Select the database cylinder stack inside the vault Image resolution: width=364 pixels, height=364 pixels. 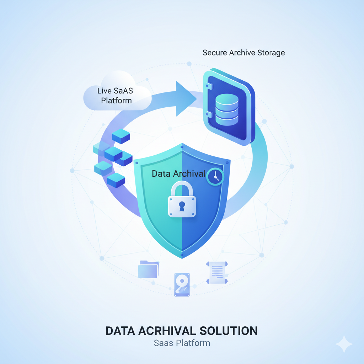[227, 109]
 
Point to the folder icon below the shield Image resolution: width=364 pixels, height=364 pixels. [149, 269]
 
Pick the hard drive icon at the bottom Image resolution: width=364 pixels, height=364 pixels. [182, 284]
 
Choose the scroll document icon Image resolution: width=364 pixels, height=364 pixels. [217, 273]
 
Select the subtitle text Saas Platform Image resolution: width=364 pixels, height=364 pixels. [182, 343]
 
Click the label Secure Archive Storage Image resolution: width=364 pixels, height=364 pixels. [243, 53]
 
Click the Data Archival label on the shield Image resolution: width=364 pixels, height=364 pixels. [178, 174]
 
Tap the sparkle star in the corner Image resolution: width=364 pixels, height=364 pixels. [344, 344]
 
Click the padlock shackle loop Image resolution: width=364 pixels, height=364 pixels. [182, 188]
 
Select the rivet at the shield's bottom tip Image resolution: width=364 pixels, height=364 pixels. [182, 255]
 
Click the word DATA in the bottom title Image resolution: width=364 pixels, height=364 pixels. [121, 331]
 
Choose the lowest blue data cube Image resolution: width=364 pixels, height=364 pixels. [116, 180]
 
